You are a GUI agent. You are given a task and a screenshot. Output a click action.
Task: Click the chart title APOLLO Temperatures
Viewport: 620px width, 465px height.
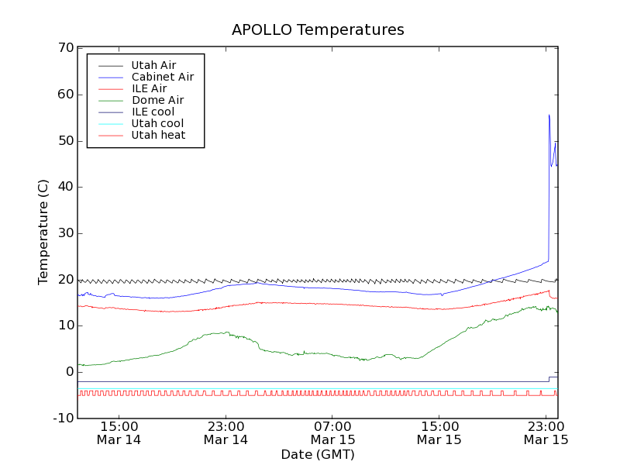click(318, 30)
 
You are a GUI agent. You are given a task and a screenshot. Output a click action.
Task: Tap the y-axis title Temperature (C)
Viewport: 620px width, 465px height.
click(43, 232)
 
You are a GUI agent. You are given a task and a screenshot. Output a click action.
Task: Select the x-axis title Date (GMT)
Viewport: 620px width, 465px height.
click(318, 454)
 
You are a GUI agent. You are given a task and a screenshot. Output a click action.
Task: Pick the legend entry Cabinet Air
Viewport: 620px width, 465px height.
click(162, 77)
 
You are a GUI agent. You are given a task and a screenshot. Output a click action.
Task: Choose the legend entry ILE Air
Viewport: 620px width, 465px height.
click(149, 88)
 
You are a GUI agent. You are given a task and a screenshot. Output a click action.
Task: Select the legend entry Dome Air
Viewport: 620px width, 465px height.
click(157, 100)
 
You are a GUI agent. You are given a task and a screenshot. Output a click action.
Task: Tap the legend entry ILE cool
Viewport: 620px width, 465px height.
click(153, 112)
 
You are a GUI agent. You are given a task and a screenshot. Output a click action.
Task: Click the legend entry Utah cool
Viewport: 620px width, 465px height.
click(157, 123)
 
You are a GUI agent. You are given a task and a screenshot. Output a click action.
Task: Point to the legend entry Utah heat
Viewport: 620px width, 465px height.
click(158, 135)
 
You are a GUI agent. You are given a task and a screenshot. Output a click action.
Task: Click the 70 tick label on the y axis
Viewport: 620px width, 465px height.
click(65, 48)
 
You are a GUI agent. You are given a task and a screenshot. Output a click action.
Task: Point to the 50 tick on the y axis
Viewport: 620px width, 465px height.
click(65, 141)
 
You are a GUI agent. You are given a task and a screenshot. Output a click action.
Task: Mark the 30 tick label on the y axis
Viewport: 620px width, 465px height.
click(65, 233)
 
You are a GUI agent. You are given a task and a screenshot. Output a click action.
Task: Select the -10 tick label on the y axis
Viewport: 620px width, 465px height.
click(62, 418)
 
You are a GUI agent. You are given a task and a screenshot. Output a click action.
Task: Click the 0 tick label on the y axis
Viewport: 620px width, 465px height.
click(69, 372)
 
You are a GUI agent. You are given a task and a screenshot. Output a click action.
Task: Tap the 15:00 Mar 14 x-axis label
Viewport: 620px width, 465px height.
click(119, 432)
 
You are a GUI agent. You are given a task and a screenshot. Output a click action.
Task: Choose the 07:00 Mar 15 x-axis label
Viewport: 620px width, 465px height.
click(332, 432)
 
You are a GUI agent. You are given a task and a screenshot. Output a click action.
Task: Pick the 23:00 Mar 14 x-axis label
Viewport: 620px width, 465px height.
click(226, 432)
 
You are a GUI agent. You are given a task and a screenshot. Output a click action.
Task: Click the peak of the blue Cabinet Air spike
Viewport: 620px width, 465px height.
click(549, 115)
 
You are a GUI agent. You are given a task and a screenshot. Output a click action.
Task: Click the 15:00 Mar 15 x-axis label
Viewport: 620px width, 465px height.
click(439, 432)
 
